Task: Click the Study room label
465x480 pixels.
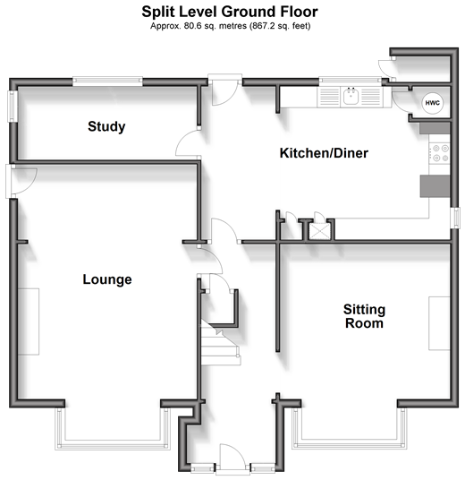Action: tap(106, 127)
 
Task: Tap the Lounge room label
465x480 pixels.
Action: tap(107, 279)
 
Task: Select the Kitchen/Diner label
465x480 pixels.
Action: tap(324, 153)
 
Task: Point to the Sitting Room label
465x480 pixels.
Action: tap(364, 316)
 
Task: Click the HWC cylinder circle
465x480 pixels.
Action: tap(433, 103)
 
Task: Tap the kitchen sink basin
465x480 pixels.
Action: tap(351, 97)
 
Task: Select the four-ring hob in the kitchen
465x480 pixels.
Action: tap(439, 153)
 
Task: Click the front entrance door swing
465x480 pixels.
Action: tap(232, 455)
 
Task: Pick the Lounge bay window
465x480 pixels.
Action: tap(113, 429)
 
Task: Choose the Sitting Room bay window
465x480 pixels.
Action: tap(350, 428)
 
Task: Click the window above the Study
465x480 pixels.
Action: tap(107, 81)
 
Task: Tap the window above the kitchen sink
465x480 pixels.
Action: tap(351, 81)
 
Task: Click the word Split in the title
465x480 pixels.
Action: tap(157, 13)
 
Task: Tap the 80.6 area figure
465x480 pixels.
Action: tap(192, 26)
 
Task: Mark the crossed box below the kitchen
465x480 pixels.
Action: tap(319, 231)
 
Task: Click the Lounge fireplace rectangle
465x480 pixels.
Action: tap(29, 321)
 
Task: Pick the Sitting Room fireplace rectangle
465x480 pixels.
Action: tap(439, 323)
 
